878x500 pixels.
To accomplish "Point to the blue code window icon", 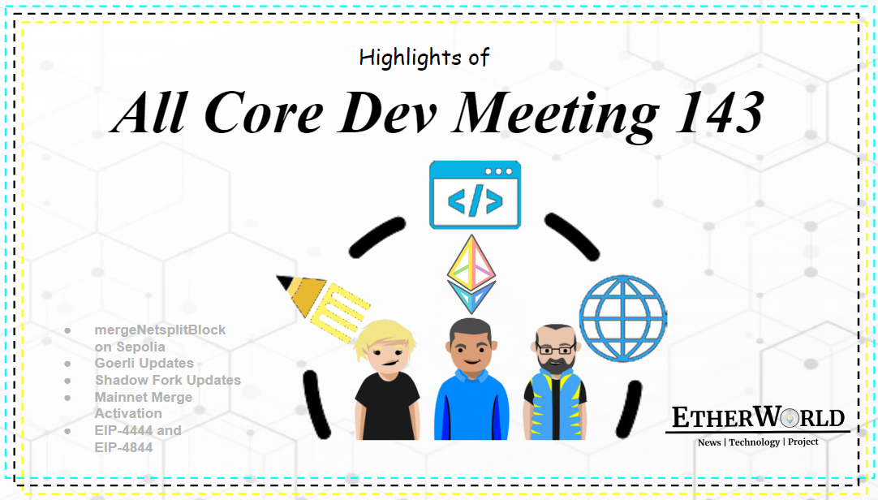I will (475, 195).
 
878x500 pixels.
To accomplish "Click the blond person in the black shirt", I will (387, 386).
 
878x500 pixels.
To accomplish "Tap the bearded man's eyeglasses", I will (554, 349).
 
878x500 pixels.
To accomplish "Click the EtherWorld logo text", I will (758, 419).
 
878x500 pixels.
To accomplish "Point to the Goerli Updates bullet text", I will (144, 364).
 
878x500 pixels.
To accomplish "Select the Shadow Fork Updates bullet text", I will (167, 380).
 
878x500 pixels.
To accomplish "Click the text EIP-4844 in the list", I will (123, 446).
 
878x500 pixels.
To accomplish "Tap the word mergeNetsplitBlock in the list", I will (160, 330).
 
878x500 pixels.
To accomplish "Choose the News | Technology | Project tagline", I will (758, 442).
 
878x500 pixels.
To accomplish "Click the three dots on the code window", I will (497, 172).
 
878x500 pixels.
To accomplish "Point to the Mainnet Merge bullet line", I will (144, 397).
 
